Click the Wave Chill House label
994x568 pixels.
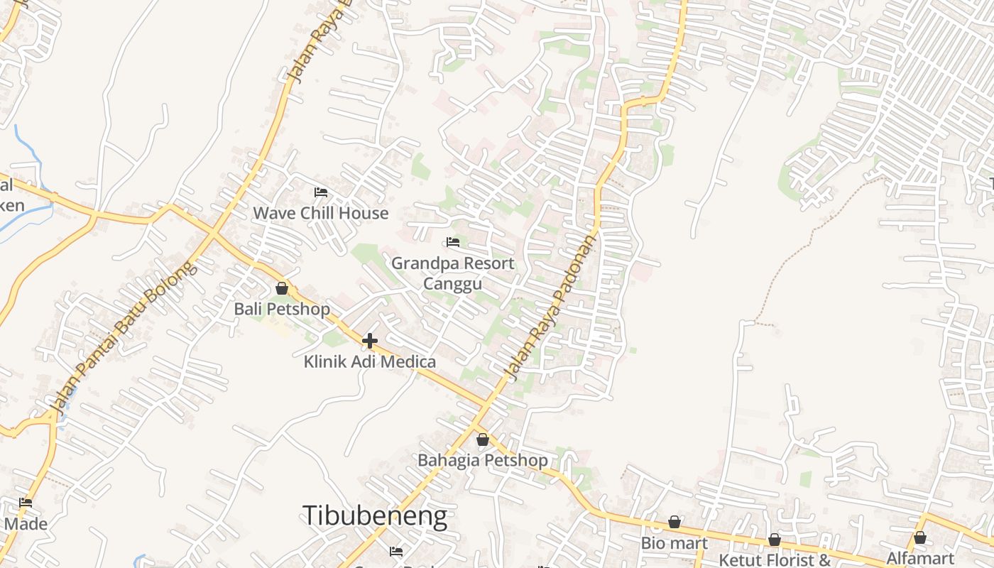pyautogui.click(x=321, y=213)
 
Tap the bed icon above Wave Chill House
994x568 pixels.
pyautogui.click(x=321, y=192)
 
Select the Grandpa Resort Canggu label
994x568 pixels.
pyautogui.click(x=453, y=273)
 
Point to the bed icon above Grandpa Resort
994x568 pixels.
pyautogui.click(x=453, y=242)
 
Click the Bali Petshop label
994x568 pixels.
pyautogui.click(x=282, y=310)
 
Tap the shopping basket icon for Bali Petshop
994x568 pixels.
pyautogui.click(x=282, y=288)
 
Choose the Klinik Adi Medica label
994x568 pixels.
pyautogui.click(x=370, y=362)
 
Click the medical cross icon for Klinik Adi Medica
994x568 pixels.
pyautogui.click(x=370, y=341)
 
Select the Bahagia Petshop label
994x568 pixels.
pyautogui.click(x=483, y=461)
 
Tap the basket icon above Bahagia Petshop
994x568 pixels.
pyautogui.click(x=483, y=439)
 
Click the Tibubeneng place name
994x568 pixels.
pyautogui.click(x=375, y=516)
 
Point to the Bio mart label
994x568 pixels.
pyautogui.click(x=674, y=544)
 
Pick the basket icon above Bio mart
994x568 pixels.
pyautogui.click(x=674, y=523)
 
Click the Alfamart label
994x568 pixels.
pyautogui.click(x=919, y=558)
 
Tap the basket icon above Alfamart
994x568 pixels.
pyautogui.click(x=919, y=537)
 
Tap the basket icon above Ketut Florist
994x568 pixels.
pyautogui.click(x=774, y=540)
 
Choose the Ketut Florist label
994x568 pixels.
pyautogui.click(x=774, y=559)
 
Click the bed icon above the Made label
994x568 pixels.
pyautogui.click(x=26, y=503)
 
